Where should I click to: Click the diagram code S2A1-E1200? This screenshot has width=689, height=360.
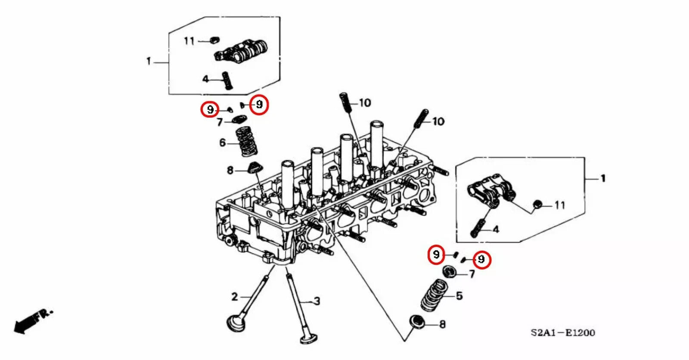click(562, 333)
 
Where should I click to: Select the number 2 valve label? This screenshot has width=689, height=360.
click(234, 297)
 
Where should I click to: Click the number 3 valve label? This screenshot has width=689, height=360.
click(317, 301)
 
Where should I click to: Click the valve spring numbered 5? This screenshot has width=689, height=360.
click(434, 295)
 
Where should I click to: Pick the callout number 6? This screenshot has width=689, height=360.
click(222, 143)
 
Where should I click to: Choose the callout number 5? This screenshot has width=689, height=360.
click(459, 296)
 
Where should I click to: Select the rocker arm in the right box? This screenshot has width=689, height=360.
click(489, 190)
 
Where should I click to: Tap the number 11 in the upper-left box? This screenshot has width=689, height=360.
click(189, 41)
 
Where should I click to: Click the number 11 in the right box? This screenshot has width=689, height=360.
click(559, 205)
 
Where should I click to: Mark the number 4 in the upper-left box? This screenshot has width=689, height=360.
click(205, 79)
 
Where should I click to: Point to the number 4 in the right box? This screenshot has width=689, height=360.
click(496, 230)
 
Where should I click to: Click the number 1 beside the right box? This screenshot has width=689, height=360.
click(603, 178)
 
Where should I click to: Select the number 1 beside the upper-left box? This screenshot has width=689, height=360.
click(149, 61)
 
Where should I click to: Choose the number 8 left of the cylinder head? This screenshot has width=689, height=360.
click(230, 171)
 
